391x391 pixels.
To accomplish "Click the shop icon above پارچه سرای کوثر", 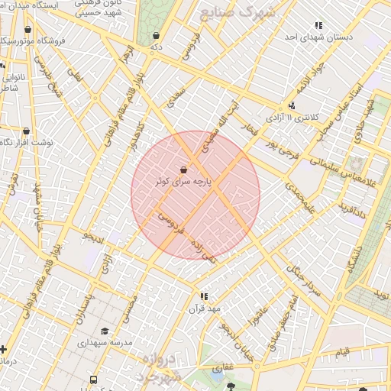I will (x=184, y=170).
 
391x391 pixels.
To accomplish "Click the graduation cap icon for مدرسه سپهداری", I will (x=105, y=331).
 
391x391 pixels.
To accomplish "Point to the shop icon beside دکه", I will (x=157, y=35).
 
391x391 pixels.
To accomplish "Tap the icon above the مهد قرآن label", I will (x=204, y=296).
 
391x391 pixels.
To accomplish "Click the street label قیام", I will (x=343, y=352).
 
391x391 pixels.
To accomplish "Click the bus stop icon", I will (x=93, y=380).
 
